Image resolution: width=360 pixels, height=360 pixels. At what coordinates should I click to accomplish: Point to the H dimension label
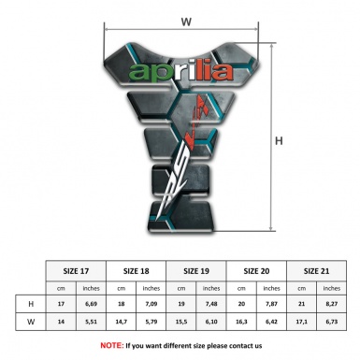click(x=279, y=142)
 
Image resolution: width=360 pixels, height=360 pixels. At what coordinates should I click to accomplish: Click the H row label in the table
click(x=32, y=304)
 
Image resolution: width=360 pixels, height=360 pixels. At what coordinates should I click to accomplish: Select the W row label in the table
click(x=32, y=322)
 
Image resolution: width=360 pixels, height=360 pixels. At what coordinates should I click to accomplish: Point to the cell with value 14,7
click(x=122, y=322)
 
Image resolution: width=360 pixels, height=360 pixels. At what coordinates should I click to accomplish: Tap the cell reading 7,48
click(x=212, y=304)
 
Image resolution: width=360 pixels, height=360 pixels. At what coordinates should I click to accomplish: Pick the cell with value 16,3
click(x=241, y=322)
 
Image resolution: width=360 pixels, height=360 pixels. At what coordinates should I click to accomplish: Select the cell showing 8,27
click(x=331, y=304)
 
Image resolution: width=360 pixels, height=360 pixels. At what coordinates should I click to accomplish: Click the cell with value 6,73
click(x=331, y=322)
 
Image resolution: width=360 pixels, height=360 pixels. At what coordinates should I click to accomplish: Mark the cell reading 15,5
click(x=181, y=322)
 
